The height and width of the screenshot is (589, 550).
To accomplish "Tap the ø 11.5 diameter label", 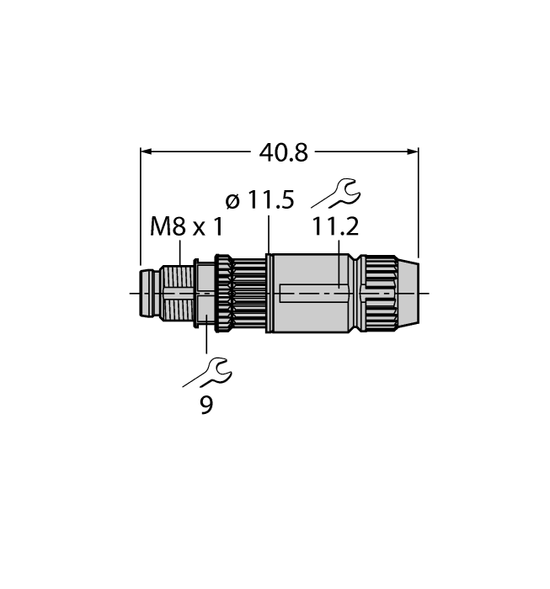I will point(259,200).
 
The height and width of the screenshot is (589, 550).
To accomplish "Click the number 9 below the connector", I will point(206,405).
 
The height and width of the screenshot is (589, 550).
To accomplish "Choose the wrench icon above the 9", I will point(207,371).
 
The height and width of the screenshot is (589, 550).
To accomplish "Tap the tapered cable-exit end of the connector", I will point(407,293).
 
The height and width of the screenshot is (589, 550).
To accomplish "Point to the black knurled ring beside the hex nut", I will point(223,293).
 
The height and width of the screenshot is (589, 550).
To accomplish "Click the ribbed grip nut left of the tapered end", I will point(378,293).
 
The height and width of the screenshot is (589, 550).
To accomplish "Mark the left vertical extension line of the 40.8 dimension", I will point(139,210).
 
